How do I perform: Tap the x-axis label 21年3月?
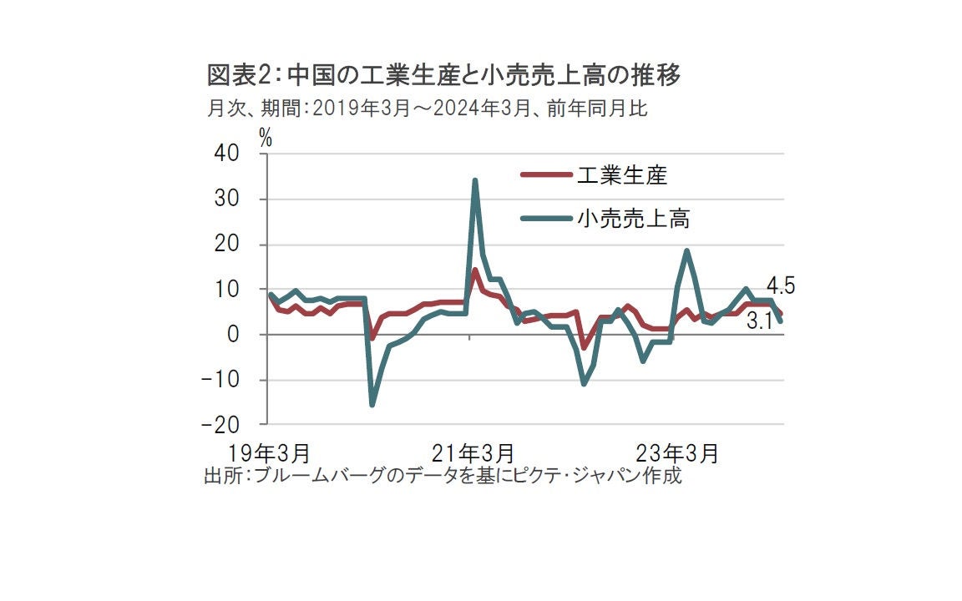(x=473, y=453)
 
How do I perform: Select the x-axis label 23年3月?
(x=676, y=453)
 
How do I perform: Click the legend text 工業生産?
(x=621, y=175)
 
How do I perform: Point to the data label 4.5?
(x=780, y=286)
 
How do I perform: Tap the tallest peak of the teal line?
(x=475, y=180)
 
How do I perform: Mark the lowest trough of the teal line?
(x=372, y=405)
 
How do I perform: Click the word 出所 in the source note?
(x=217, y=477)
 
